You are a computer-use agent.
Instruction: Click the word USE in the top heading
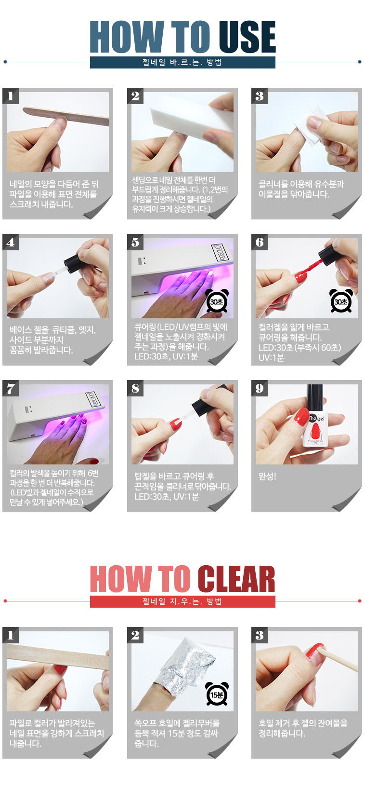click(x=247, y=37)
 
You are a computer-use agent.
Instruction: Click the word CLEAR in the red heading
click(x=236, y=579)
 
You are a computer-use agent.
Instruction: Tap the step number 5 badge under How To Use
click(x=135, y=242)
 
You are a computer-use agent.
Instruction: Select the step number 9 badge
click(x=260, y=388)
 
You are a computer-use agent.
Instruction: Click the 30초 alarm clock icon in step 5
click(x=217, y=301)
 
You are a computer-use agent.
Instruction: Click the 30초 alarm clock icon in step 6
click(x=341, y=301)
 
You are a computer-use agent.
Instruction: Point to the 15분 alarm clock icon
click(x=217, y=694)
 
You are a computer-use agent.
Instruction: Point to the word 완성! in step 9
click(x=267, y=476)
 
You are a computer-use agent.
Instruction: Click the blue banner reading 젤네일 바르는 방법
click(x=182, y=62)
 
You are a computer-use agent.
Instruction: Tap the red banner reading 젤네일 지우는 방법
click(x=182, y=601)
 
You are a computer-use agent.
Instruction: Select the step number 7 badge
click(x=11, y=388)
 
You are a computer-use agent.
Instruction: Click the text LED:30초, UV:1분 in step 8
click(x=167, y=497)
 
